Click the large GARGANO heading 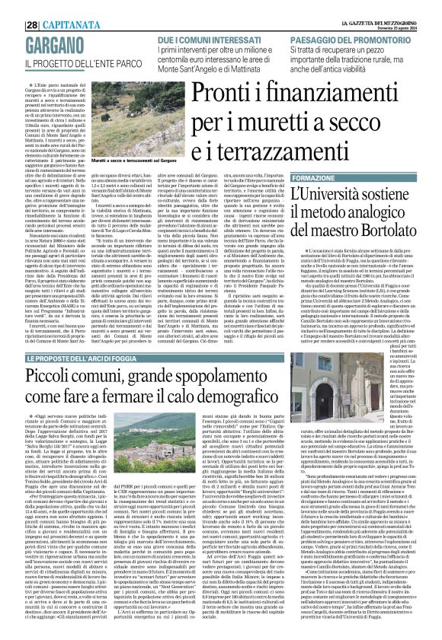click(x=58, y=43)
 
